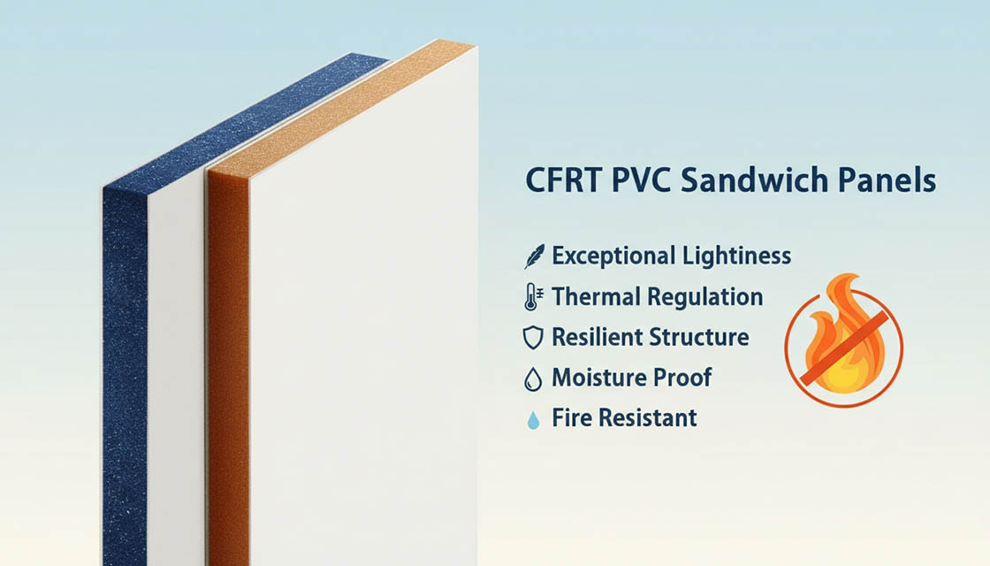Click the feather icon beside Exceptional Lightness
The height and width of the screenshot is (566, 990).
tap(533, 256)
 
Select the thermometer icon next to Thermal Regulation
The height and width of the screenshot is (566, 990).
tap(531, 297)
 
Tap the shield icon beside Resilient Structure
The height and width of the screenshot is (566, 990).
tap(532, 338)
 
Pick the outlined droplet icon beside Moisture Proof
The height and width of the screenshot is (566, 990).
tap(532, 379)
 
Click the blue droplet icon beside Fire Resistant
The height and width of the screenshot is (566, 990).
tap(532, 419)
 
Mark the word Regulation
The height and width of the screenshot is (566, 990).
tap(710, 297)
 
